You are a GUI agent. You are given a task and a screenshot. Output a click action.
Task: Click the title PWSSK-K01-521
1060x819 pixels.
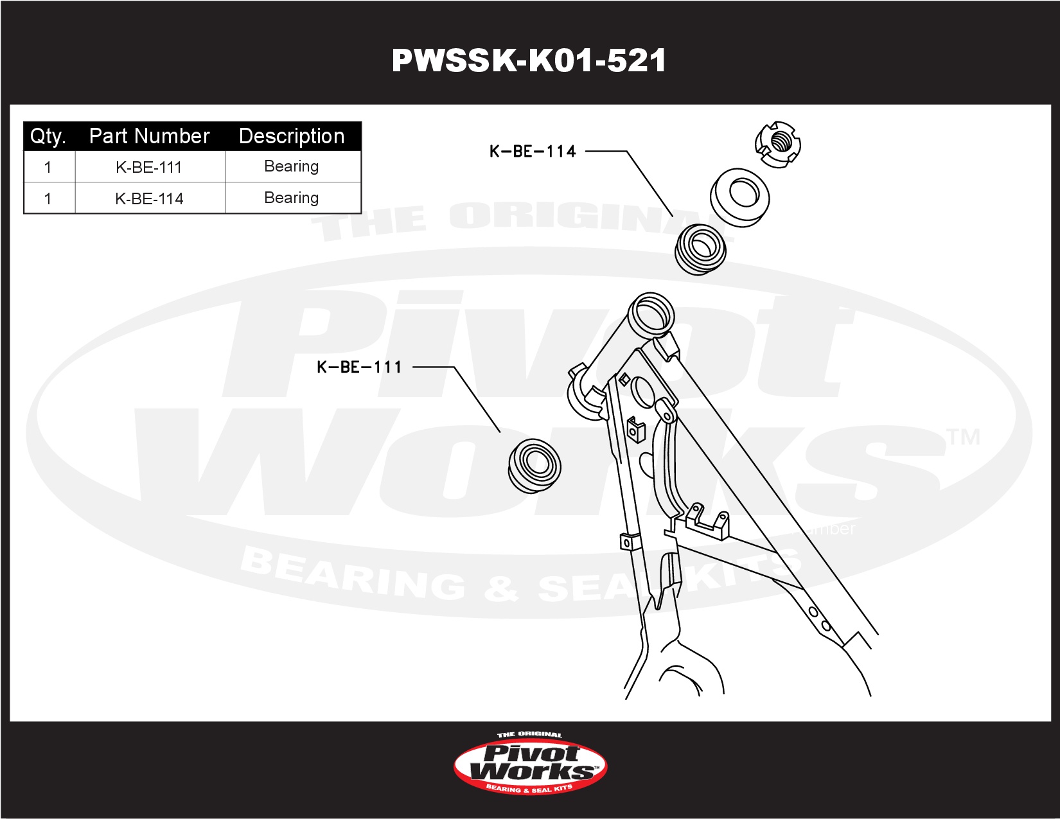point(529,61)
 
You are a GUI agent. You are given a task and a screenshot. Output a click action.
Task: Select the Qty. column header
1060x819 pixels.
point(48,136)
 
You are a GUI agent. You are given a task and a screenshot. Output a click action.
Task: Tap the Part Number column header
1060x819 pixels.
point(149,136)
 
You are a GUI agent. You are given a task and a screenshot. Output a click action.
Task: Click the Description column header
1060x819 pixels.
point(292,136)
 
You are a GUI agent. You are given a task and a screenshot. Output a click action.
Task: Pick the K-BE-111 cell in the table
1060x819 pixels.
point(149,167)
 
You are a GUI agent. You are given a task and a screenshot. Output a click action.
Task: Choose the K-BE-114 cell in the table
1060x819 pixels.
point(149,198)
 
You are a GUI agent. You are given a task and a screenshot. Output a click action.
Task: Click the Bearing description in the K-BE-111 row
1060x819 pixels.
point(292,166)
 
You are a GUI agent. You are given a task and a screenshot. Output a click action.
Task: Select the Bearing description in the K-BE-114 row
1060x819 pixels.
point(292,198)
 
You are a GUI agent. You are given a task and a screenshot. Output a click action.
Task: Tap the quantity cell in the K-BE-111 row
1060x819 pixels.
point(48,167)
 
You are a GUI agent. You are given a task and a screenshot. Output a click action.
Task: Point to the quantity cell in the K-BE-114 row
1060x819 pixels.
point(48,198)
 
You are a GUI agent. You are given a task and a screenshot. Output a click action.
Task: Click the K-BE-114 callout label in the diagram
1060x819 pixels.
point(533,152)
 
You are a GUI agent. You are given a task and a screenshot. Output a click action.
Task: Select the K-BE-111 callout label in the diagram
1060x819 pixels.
point(359,367)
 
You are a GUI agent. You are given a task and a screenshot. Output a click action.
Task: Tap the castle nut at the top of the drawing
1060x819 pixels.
point(778,144)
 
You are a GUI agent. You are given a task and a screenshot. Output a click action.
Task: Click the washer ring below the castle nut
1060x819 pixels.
point(740,197)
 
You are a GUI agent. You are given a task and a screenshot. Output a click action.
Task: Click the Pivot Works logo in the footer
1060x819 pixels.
point(530,764)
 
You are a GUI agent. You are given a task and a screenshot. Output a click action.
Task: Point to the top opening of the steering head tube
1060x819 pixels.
point(651,312)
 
